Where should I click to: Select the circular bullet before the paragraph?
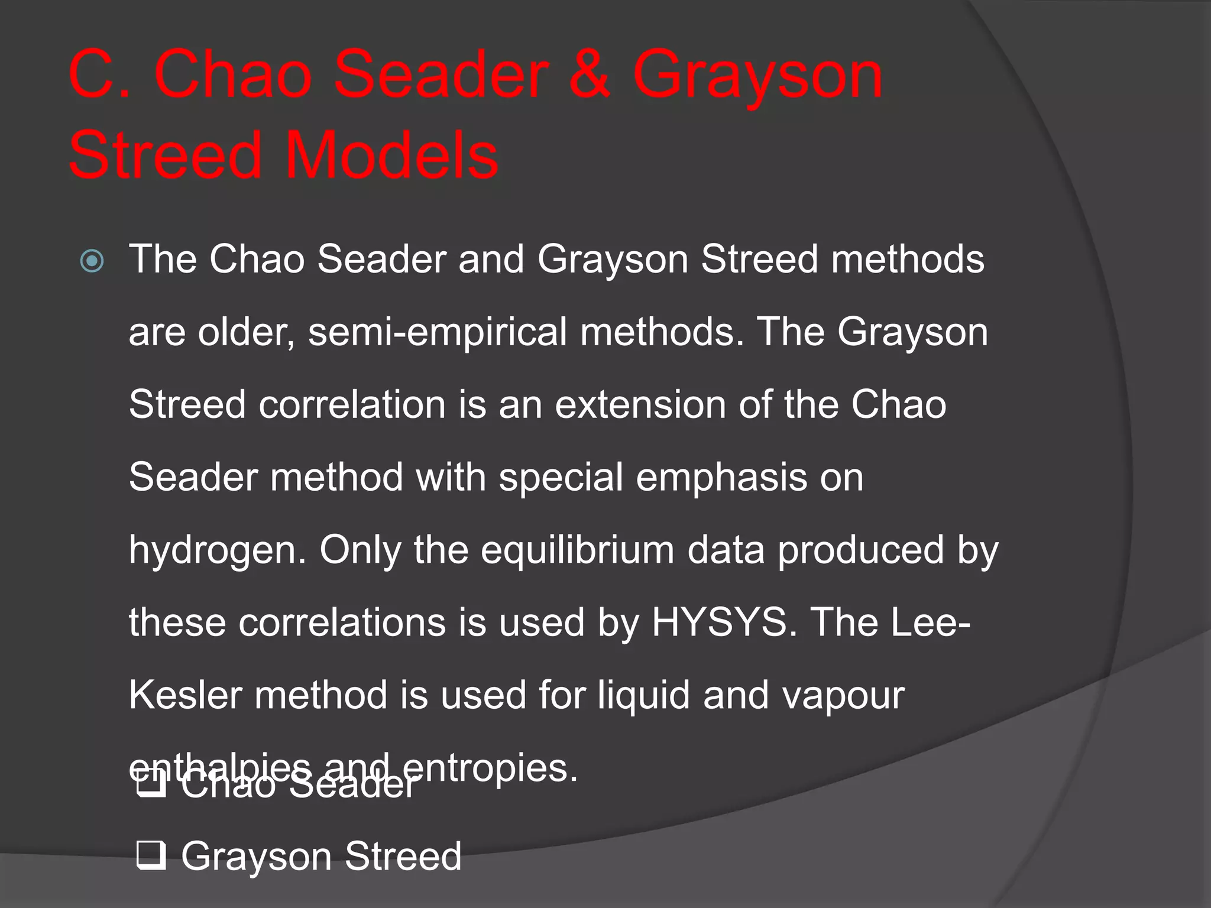coord(92,261)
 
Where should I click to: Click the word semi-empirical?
coord(437,333)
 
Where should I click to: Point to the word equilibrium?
coord(577,551)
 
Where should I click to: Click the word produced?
coord(860,551)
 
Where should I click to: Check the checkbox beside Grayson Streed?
coord(150,855)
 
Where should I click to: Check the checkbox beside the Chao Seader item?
coord(150,784)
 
